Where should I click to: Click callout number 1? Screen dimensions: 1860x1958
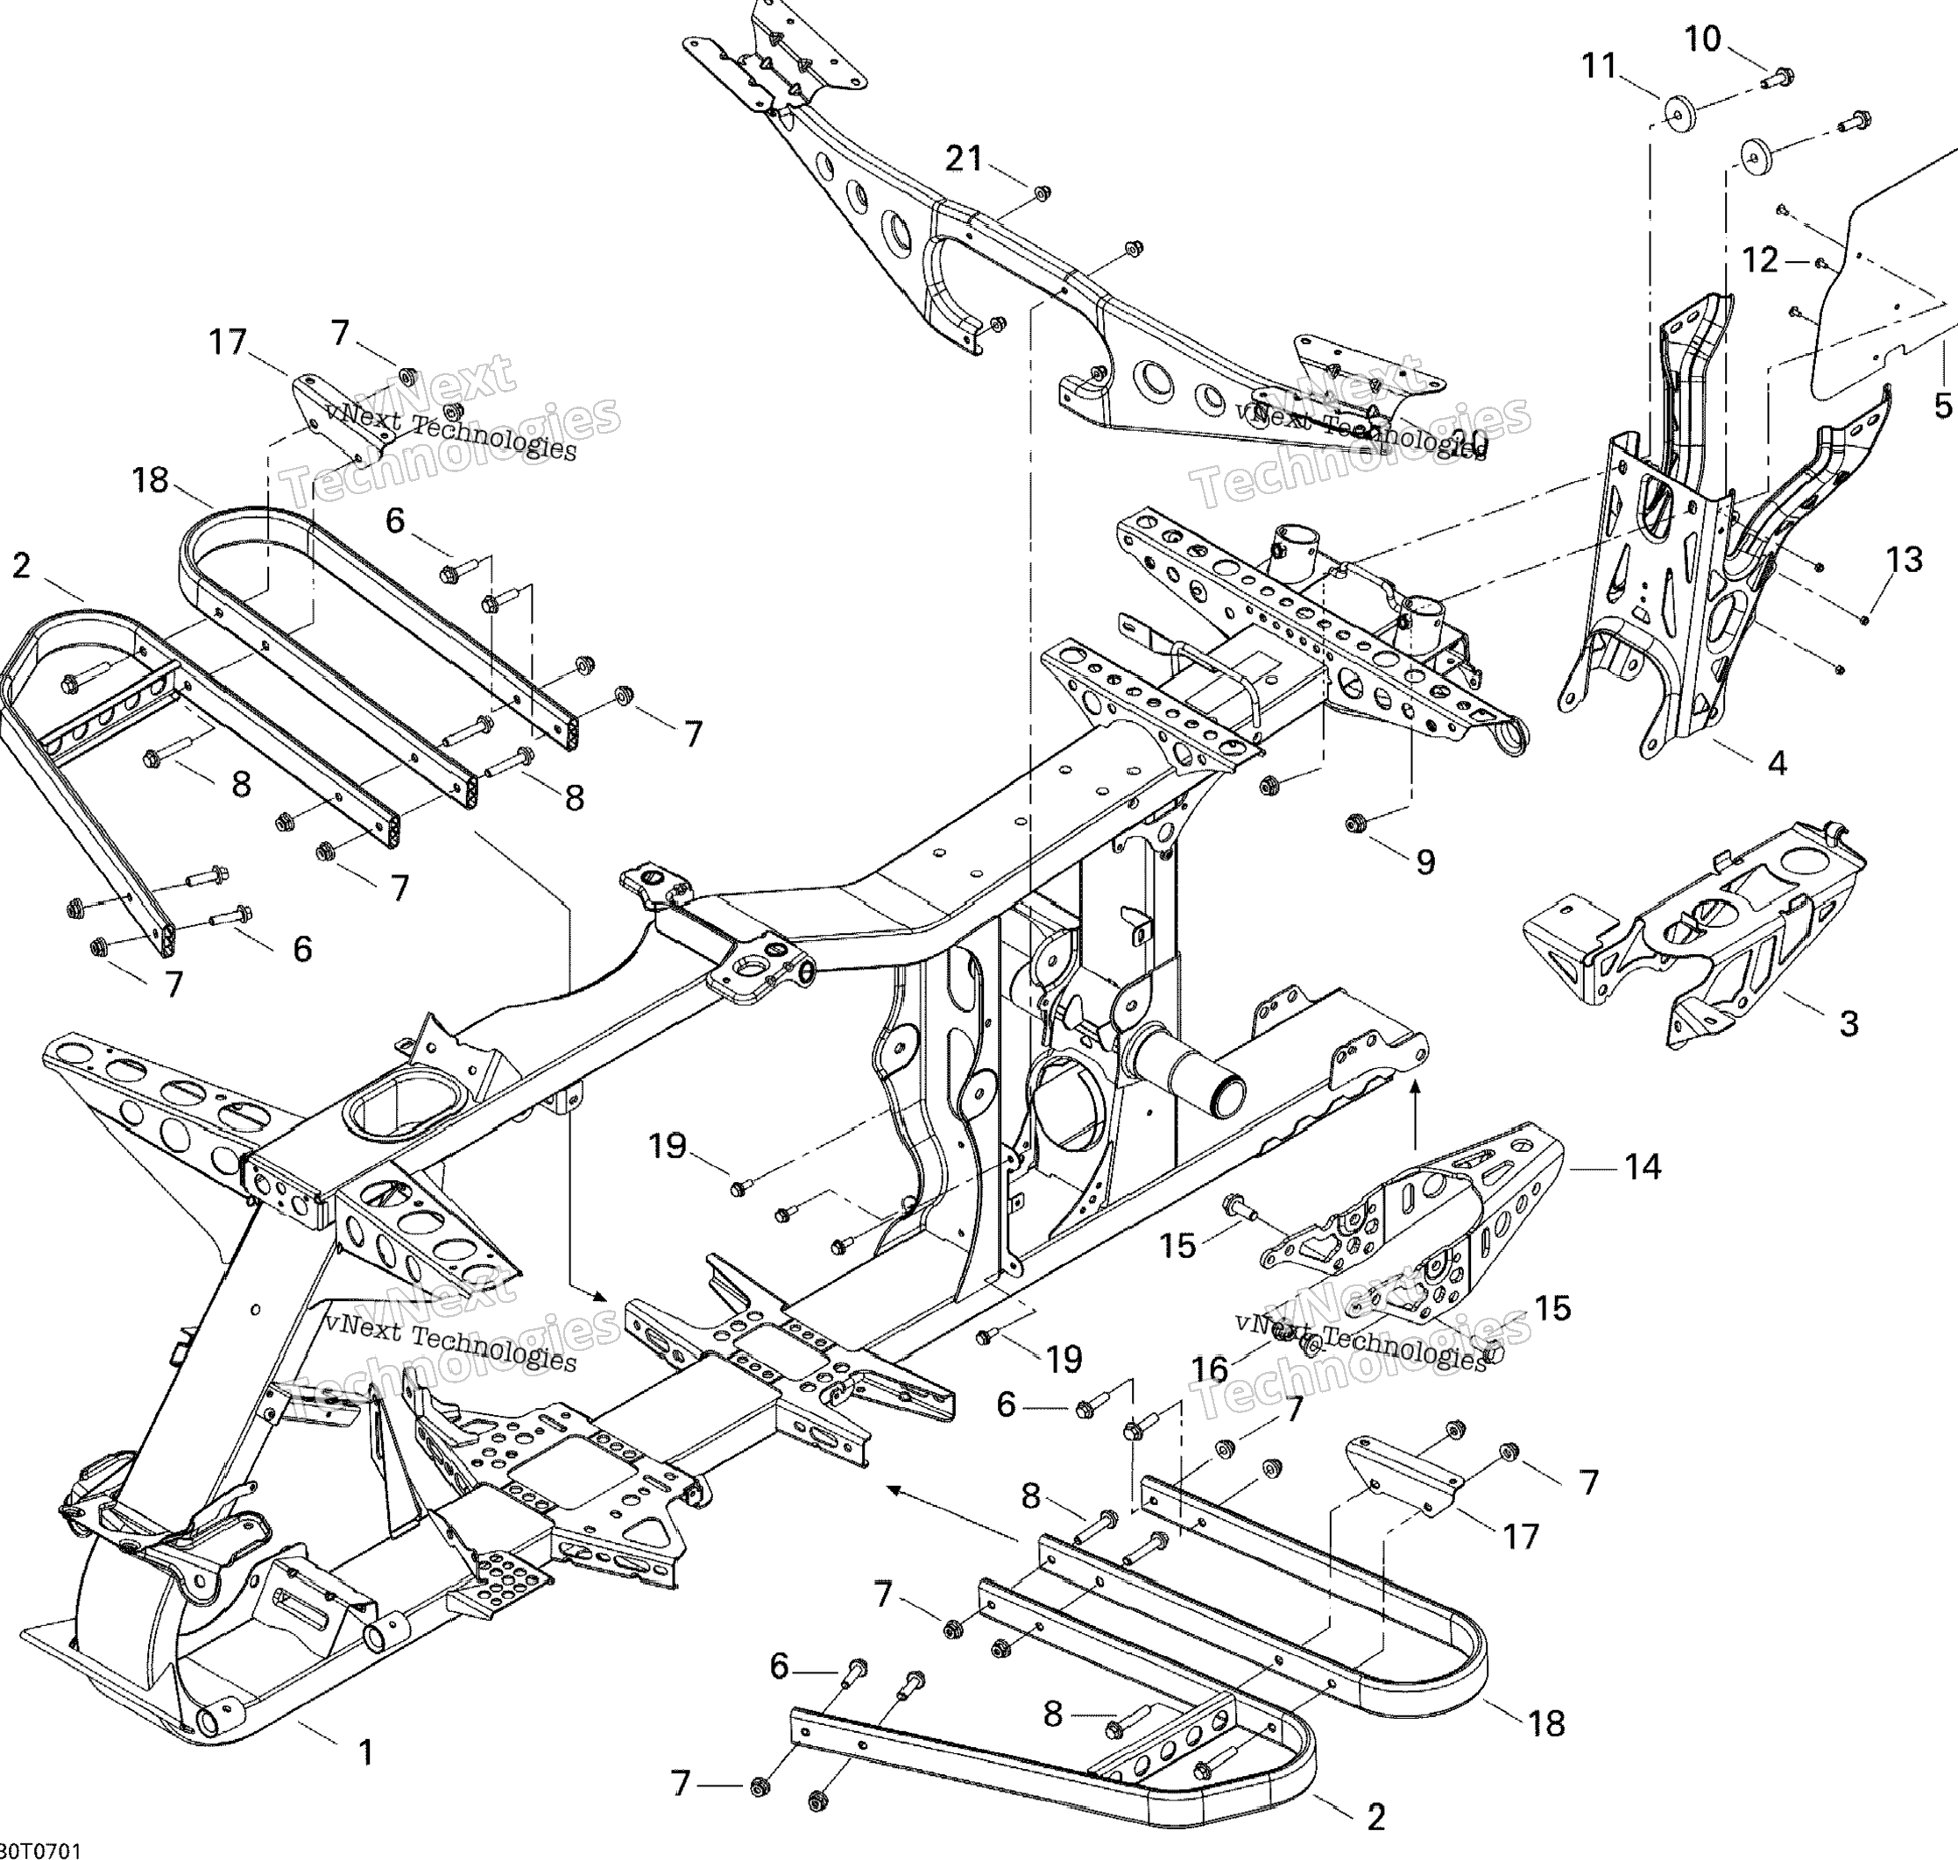tap(366, 1752)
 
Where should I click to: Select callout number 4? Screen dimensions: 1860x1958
tap(1777, 762)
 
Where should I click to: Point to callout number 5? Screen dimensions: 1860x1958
tap(1942, 405)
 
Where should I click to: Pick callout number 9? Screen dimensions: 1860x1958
tap(1424, 861)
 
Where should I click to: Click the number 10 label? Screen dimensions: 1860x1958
tap(1703, 39)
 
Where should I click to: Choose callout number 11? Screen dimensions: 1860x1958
tap(1598, 66)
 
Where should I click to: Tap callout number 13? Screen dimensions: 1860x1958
tap(1904, 559)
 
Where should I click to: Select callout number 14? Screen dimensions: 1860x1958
tap(1642, 1167)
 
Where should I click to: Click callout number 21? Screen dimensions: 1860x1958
tap(964, 158)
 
